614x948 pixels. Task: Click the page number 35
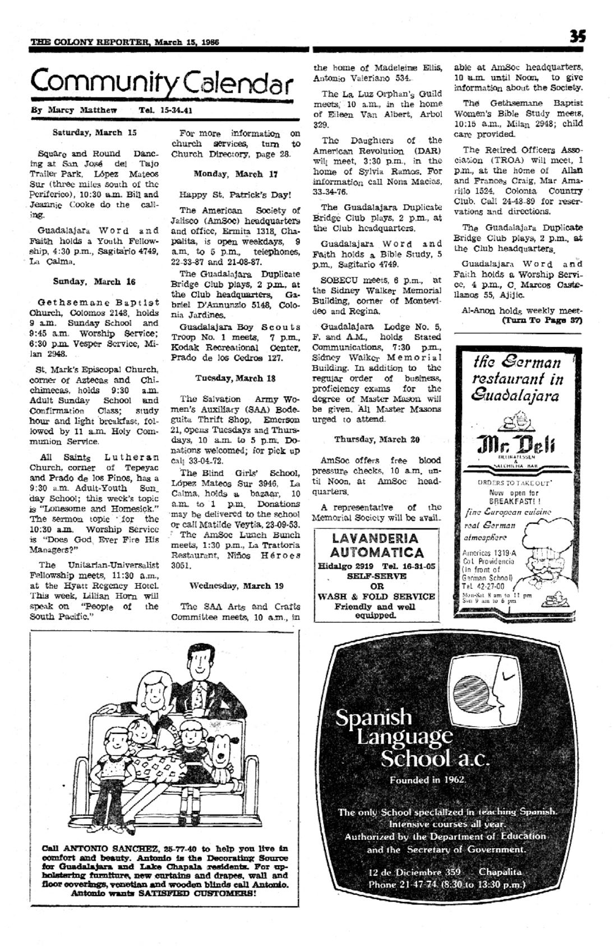click(577, 36)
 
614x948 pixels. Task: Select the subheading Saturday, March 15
click(94, 133)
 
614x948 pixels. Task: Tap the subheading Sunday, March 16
click(94, 281)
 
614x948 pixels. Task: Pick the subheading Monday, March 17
click(236, 174)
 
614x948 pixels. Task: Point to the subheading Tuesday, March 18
click(236, 378)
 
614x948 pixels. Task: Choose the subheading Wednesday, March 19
click(236, 585)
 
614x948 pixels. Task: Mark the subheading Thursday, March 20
click(377, 439)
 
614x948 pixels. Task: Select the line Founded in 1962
click(428, 779)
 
